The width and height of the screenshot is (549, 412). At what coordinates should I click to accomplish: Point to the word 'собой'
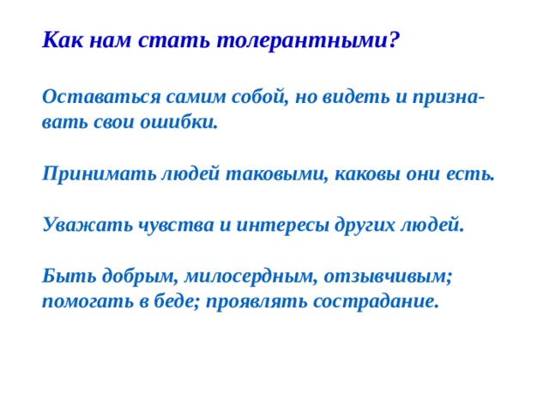pyautogui.click(x=250, y=97)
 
